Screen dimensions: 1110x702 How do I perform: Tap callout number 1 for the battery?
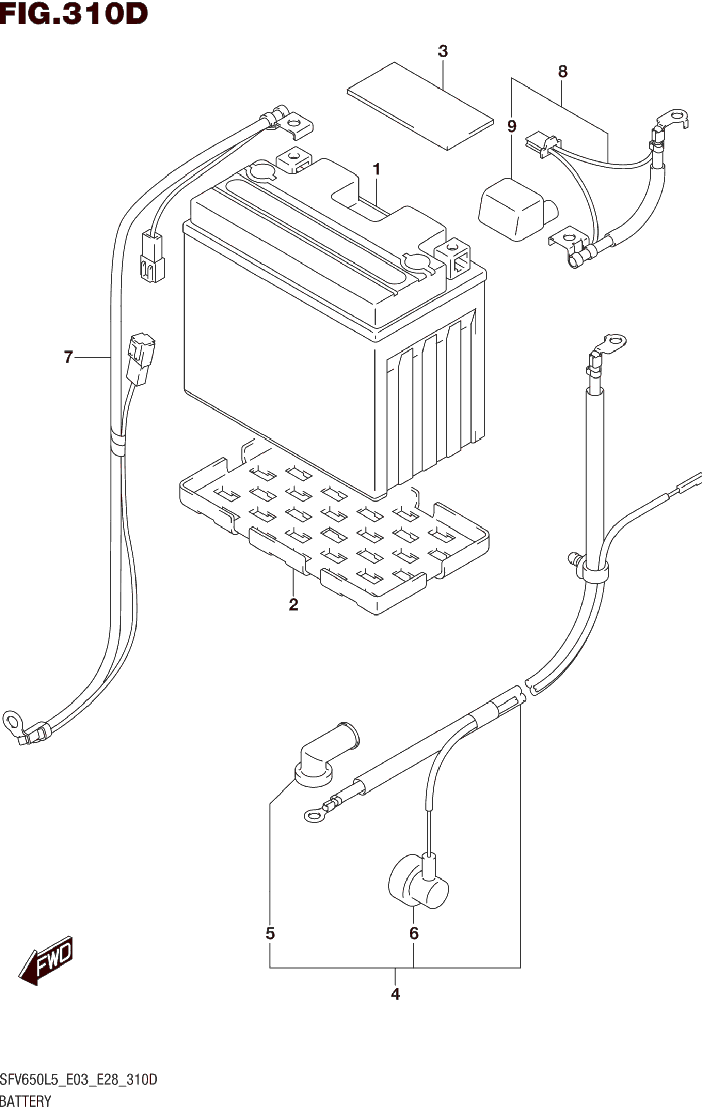[x=376, y=170]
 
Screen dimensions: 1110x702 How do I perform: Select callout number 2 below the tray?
[x=293, y=604]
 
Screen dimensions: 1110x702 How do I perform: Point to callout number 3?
[x=443, y=51]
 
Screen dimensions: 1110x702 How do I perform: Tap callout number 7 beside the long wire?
[x=68, y=357]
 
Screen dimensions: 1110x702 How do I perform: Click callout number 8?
[x=562, y=72]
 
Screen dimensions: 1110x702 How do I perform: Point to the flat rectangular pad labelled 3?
[x=420, y=106]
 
